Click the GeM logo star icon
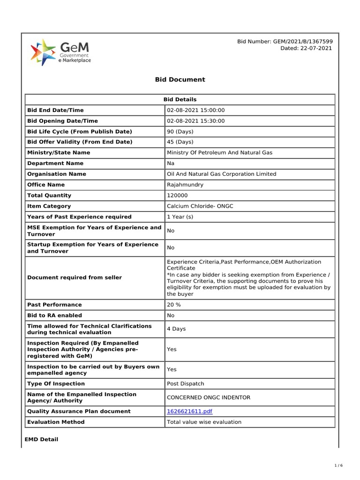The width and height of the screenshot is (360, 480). click(x=43, y=52)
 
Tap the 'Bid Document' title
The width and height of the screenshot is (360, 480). click(x=180, y=80)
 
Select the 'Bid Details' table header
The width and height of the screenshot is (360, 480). click(x=180, y=99)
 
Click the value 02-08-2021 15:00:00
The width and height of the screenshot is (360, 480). click(x=196, y=110)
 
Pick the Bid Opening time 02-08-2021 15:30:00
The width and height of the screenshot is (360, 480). click(x=196, y=121)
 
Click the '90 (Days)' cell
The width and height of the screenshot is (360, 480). click(x=180, y=132)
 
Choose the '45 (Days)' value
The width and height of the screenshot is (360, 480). click(x=180, y=142)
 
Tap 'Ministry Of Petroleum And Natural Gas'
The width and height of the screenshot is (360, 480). click(x=219, y=153)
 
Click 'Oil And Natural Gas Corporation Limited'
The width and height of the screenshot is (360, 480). click(x=222, y=174)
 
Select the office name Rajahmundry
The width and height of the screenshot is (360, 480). click(x=185, y=185)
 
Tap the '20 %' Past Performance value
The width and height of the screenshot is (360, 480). click(x=174, y=305)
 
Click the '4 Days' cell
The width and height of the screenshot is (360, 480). click(x=176, y=329)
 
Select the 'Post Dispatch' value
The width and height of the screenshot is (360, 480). click(x=186, y=383)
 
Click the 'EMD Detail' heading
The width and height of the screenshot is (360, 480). click(x=41, y=440)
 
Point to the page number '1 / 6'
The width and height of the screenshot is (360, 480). click(x=339, y=465)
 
